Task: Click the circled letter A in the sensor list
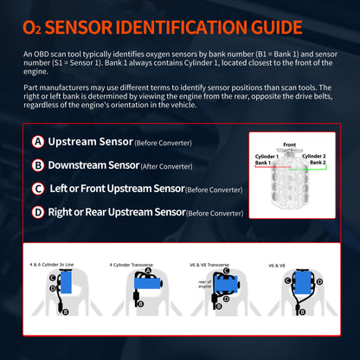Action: (38, 141)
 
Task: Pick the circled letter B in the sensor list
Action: (38, 164)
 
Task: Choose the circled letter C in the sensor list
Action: (38, 188)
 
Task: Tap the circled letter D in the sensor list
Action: (38, 211)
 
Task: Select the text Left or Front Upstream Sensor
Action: (117, 188)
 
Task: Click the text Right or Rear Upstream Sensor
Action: (117, 211)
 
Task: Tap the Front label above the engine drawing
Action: (290, 144)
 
